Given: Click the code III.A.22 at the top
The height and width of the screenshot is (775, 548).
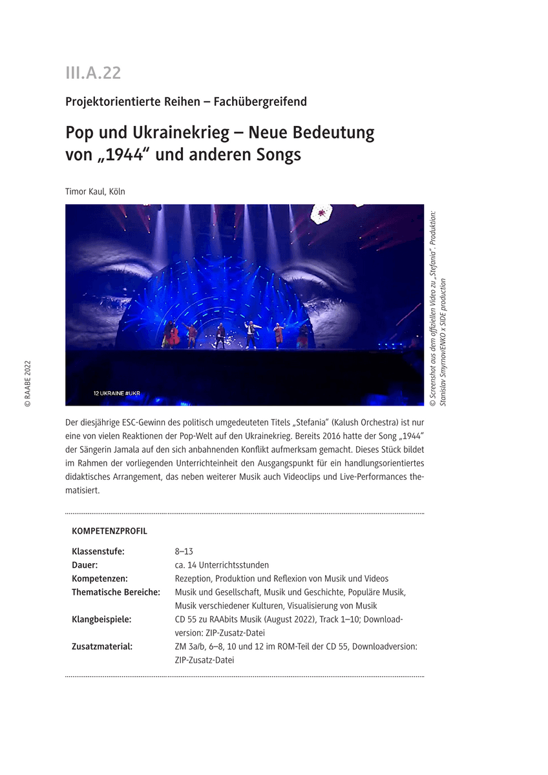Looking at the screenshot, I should tap(93, 73).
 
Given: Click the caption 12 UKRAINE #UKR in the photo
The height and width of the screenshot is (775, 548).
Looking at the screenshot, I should tap(116, 392).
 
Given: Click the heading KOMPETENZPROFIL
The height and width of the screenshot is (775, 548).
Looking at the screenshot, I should tap(109, 531).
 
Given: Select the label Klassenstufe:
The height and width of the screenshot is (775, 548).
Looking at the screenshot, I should tap(98, 552).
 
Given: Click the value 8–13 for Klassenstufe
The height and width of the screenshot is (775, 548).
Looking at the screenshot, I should tap(184, 552).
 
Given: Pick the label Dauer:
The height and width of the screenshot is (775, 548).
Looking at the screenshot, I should tap(85, 565).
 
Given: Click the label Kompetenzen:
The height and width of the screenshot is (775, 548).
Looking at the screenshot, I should tap(100, 579).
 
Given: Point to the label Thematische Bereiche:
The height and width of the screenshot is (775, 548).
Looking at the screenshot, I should tap(116, 592).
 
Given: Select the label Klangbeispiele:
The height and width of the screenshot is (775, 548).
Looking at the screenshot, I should tap(101, 619).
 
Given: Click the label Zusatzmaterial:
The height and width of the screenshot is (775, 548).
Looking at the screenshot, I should tap(102, 646).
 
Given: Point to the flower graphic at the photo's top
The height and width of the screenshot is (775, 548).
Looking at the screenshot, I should tap(321, 212).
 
